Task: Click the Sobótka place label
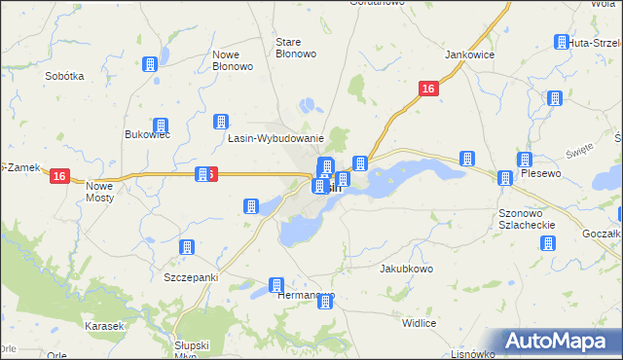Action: coord(65,75)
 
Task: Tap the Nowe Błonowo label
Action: coord(233,60)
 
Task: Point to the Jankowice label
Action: coord(470,55)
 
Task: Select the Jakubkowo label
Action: coord(406,268)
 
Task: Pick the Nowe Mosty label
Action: coord(100,191)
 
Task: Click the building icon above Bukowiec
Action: coord(161,126)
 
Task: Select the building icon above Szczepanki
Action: coord(187,248)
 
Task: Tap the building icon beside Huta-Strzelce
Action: coord(562,42)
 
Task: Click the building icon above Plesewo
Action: coord(526,160)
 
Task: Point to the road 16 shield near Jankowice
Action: coord(428,89)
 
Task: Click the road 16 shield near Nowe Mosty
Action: coord(60,176)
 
